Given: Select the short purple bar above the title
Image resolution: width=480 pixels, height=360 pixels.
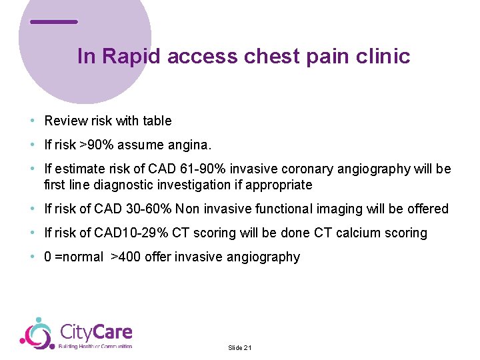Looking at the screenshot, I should coord(54,21).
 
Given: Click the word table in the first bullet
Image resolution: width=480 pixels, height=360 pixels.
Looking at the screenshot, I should coord(156,121).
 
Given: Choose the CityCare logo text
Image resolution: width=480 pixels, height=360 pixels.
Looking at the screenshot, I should coord(96,332).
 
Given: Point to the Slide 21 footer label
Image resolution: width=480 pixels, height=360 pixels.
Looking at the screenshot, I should coord(240,348).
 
